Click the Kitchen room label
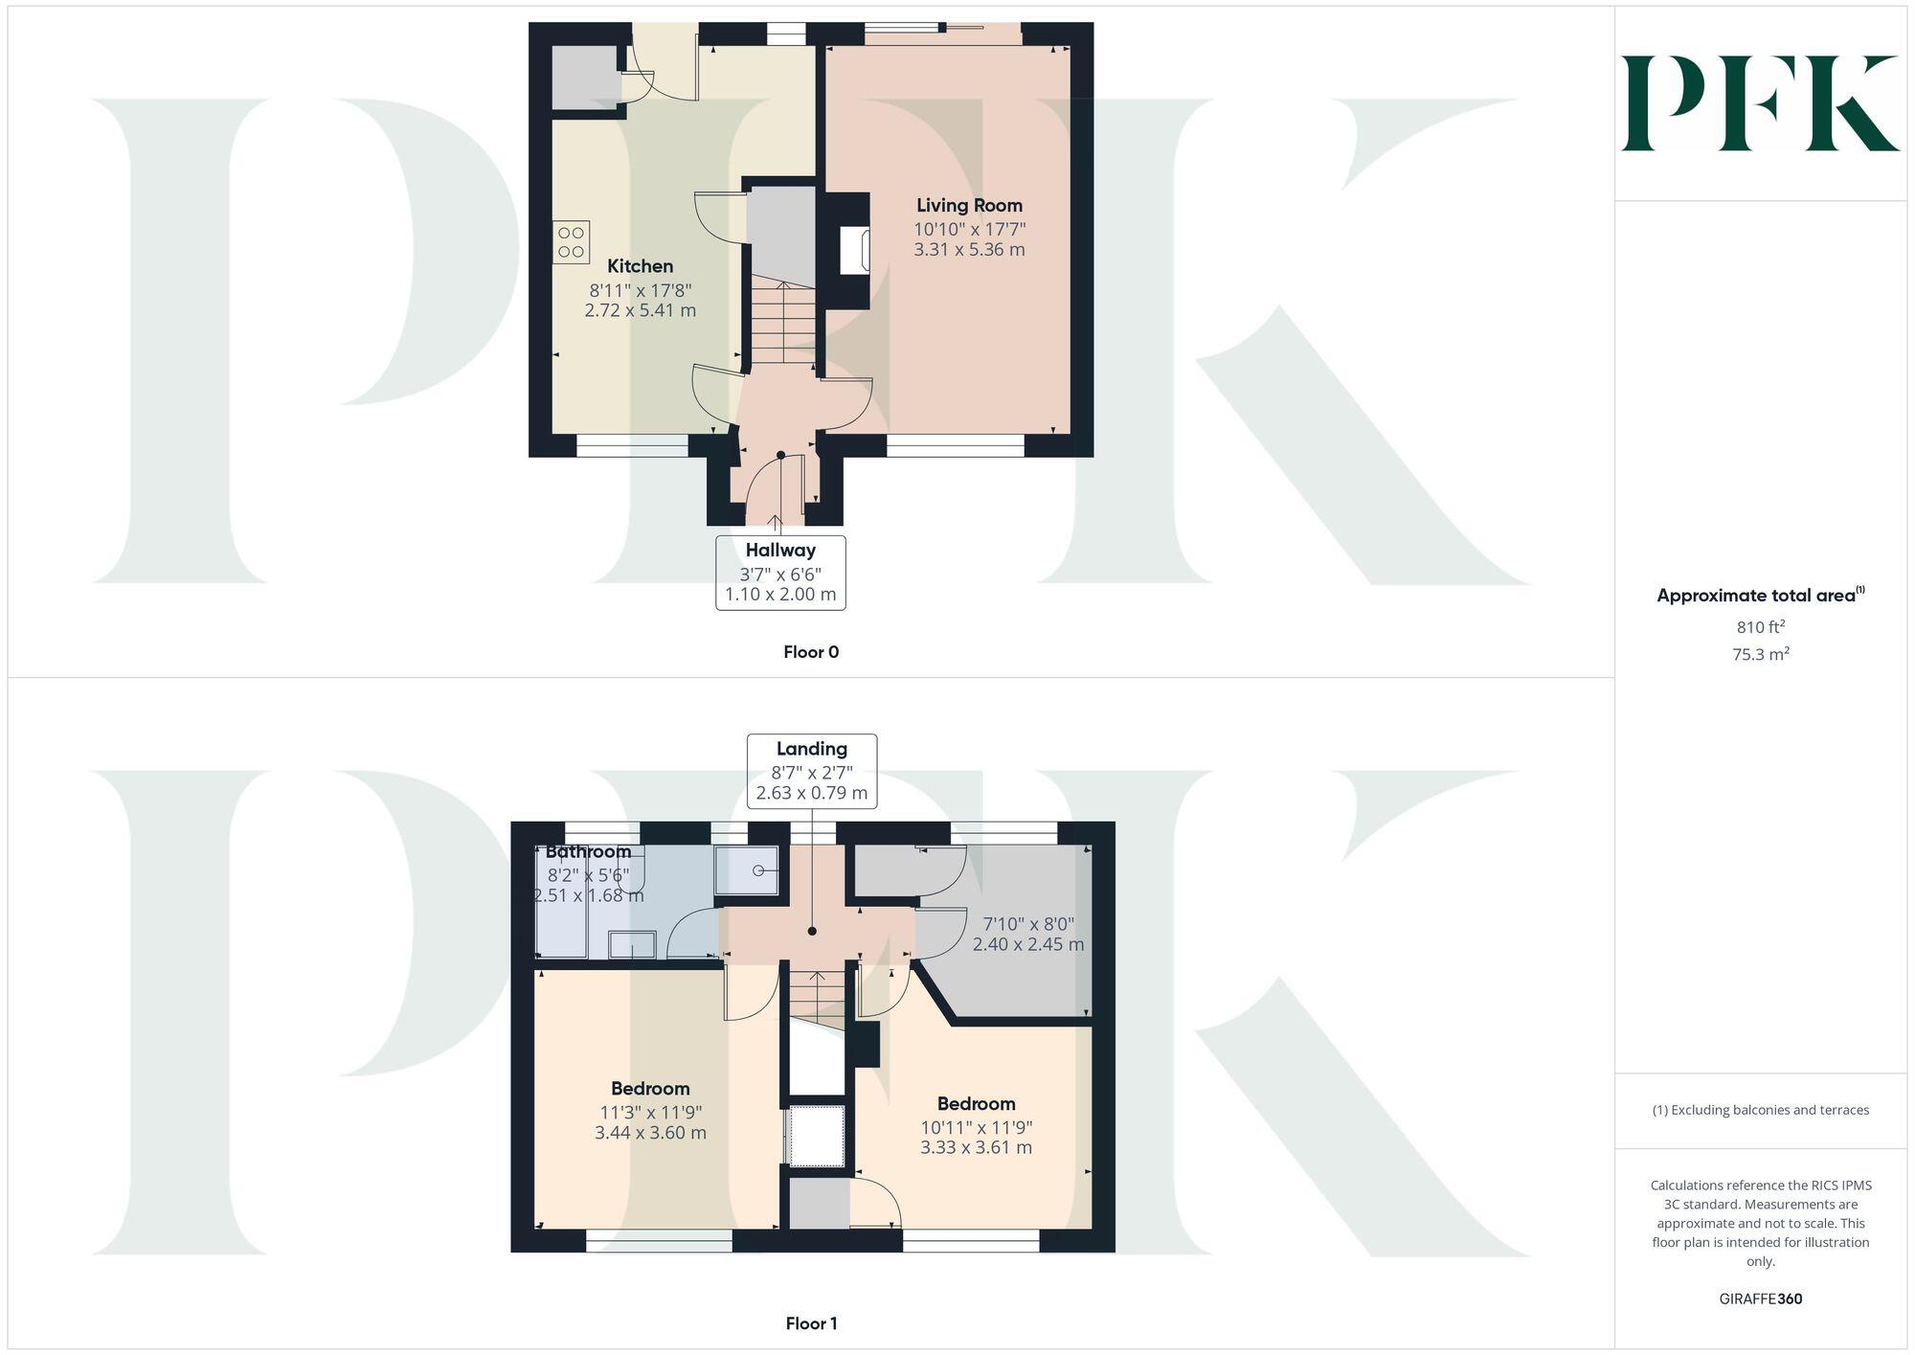(x=640, y=266)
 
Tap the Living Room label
(x=969, y=205)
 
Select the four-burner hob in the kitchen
(x=571, y=242)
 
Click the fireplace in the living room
(x=854, y=251)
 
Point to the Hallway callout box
(x=780, y=573)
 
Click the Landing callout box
(x=812, y=771)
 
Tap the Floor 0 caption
(x=811, y=652)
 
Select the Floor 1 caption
(x=811, y=1323)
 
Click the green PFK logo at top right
(x=1760, y=103)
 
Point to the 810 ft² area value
(x=1761, y=627)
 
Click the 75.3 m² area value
(x=1761, y=655)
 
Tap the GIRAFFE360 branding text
(x=1761, y=1299)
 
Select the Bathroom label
(x=588, y=851)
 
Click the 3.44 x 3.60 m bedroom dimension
(x=650, y=1133)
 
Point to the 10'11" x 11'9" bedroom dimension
(x=977, y=1127)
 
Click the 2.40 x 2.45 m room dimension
(x=1028, y=944)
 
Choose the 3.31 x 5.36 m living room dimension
(x=969, y=250)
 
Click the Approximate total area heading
(x=1760, y=596)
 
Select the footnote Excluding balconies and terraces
(x=1761, y=1110)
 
